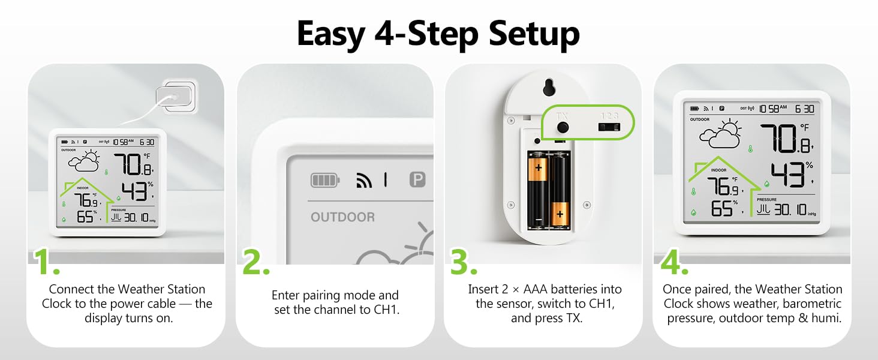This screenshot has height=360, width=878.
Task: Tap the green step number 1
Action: [46, 262]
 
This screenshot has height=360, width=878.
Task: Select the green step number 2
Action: [256, 262]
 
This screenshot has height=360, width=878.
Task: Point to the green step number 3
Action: [464, 262]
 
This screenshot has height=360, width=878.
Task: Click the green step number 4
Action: [674, 262]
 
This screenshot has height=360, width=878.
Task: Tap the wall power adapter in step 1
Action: [176, 97]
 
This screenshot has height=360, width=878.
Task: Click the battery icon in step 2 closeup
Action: [325, 181]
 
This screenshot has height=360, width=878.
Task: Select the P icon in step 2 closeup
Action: [417, 179]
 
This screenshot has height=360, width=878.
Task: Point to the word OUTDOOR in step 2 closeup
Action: [342, 217]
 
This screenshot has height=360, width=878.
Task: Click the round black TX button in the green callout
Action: [563, 127]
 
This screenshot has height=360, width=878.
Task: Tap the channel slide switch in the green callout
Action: [609, 127]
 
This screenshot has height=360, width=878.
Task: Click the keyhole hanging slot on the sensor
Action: [549, 87]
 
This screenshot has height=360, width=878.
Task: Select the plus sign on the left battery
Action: [538, 168]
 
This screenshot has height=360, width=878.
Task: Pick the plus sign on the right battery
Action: [560, 214]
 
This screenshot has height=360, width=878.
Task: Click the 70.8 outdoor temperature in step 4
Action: [786, 139]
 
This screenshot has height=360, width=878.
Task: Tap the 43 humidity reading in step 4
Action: [787, 175]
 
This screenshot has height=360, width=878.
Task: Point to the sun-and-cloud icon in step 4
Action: [720, 133]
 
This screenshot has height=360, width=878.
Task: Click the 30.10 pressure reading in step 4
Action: [790, 210]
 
